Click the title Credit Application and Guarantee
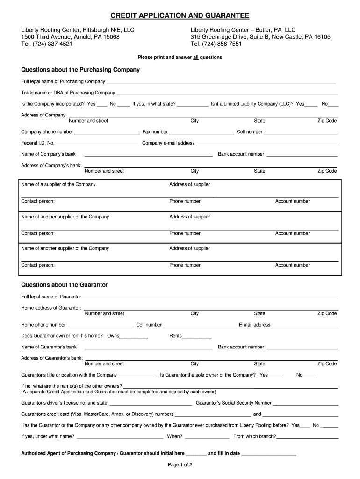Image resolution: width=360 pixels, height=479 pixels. (180, 16)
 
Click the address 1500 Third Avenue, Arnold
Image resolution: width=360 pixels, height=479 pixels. (70, 37)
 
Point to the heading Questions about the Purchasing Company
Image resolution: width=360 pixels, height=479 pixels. (80, 70)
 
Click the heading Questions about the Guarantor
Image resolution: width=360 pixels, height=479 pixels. (65, 285)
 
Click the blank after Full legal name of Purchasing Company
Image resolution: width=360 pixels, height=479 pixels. (221, 82)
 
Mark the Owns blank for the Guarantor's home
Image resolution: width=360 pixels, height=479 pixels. (134, 337)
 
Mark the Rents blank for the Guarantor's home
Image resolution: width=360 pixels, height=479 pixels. (197, 337)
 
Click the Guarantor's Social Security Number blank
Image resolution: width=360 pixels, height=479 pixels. (306, 404)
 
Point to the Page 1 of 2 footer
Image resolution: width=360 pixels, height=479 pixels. (180, 465)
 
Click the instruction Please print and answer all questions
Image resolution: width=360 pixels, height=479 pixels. (180, 58)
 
